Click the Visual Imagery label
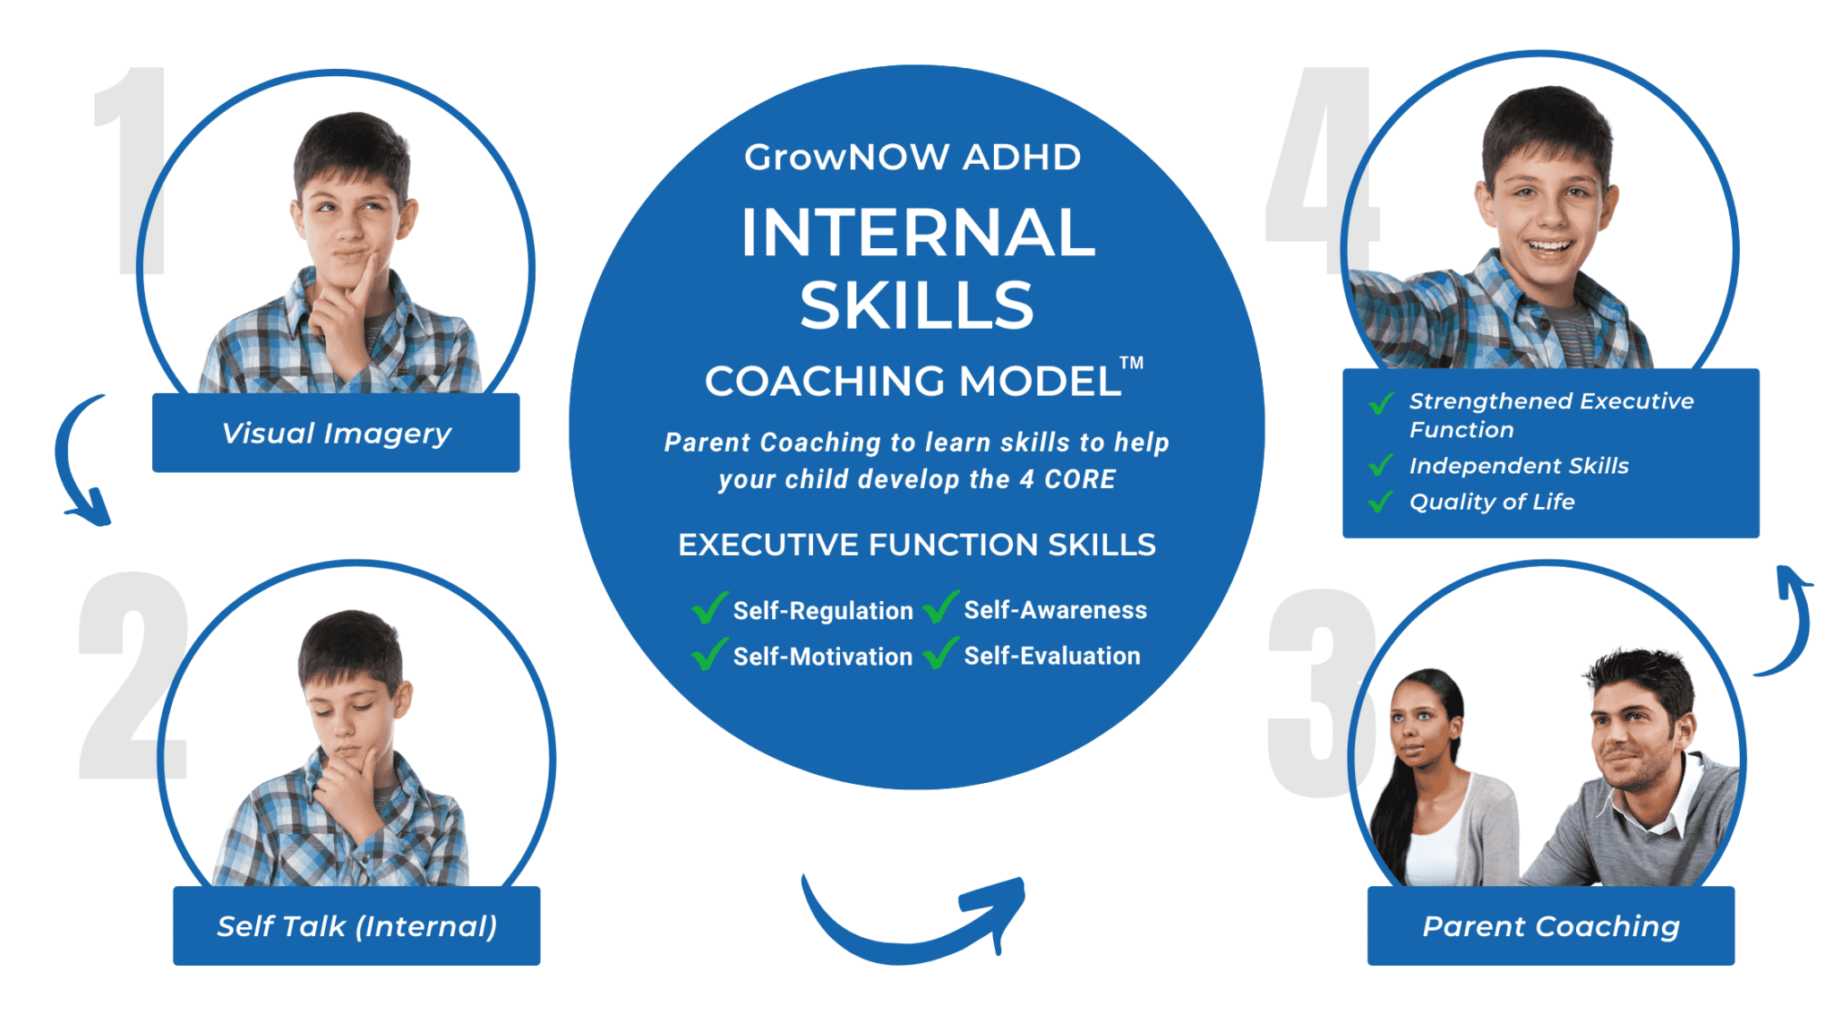(x=336, y=434)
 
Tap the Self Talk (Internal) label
(x=356, y=926)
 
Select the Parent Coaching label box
(x=1550, y=926)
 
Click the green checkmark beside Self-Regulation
(x=709, y=608)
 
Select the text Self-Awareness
(x=1055, y=610)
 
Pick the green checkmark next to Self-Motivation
(x=709, y=654)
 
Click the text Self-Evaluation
(x=1052, y=656)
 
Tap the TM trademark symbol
(x=1131, y=363)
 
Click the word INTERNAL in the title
(x=917, y=233)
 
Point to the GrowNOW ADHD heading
(x=913, y=158)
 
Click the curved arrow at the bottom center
(x=913, y=923)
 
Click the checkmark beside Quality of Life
(x=1381, y=501)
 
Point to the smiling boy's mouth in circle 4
(x=1548, y=245)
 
